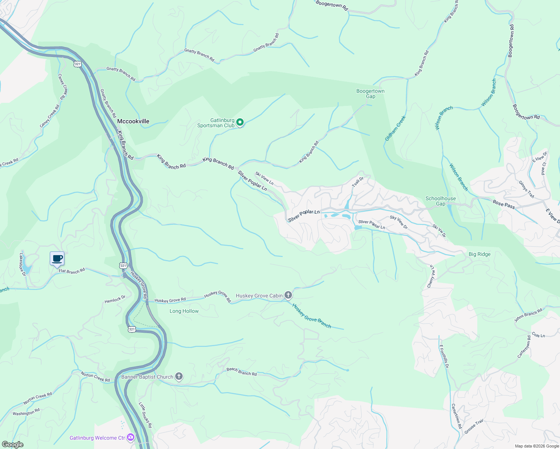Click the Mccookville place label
tap(133, 121)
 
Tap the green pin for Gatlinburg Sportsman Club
tap(240, 122)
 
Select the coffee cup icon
tap(57, 259)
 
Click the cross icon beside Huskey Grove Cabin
tap(288, 296)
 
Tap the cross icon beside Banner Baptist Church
tap(179, 376)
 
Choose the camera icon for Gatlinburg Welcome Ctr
tap(131, 437)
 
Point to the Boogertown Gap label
tap(370, 94)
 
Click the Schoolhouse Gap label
tap(441, 201)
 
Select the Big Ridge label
tap(480, 254)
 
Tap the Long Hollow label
tap(184, 311)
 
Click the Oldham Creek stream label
tap(395, 128)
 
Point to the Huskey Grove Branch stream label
tap(312, 316)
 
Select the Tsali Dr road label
tap(357, 182)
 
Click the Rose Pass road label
tap(504, 204)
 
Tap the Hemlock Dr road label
tap(115, 299)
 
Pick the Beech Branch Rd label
tap(241, 372)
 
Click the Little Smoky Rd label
tap(145, 415)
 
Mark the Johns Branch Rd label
tap(528, 315)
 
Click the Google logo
tap(12, 445)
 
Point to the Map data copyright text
tap(537, 446)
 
